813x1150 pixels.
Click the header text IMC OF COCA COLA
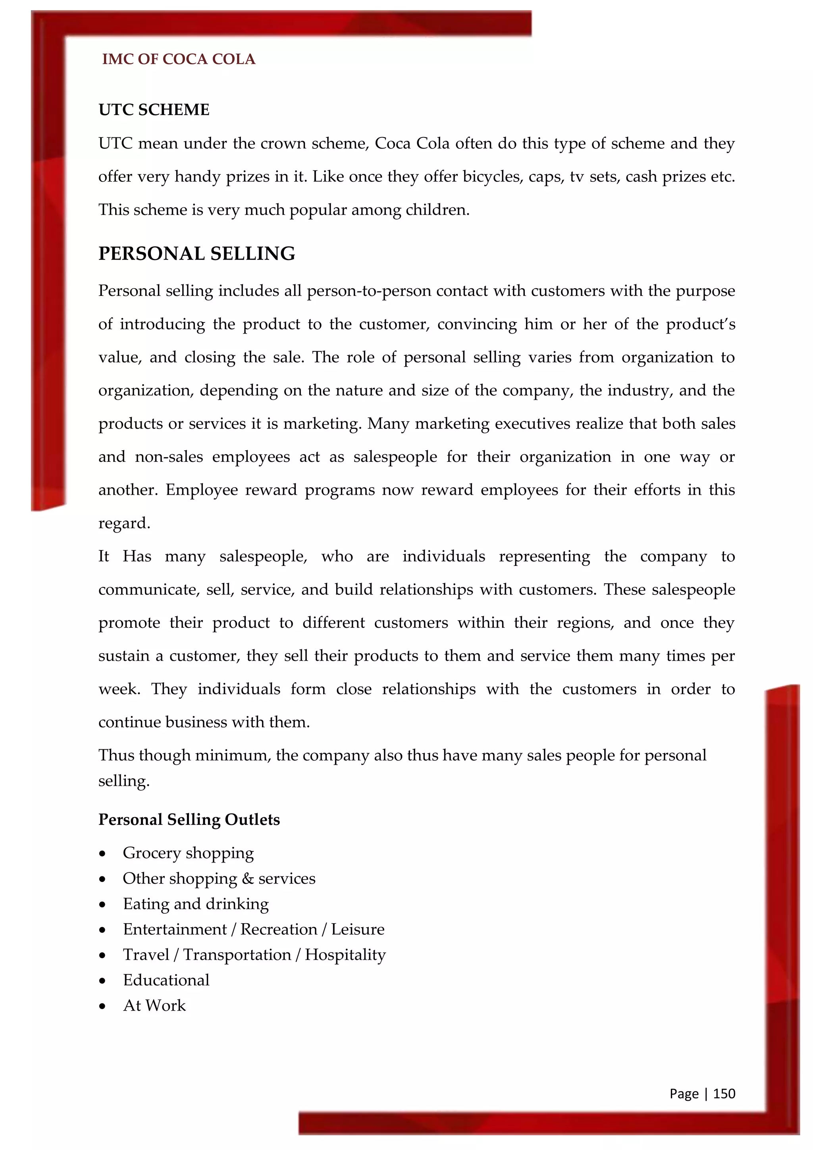pos(179,59)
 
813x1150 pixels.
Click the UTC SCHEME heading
pos(154,110)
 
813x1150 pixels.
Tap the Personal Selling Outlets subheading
pos(189,820)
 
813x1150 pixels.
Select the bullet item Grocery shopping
pos(188,853)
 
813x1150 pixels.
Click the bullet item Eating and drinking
pos(196,904)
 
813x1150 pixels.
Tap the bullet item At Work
pos(154,1006)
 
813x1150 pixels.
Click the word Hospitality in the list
pos(345,955)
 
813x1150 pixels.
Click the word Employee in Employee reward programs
pos(202,490)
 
